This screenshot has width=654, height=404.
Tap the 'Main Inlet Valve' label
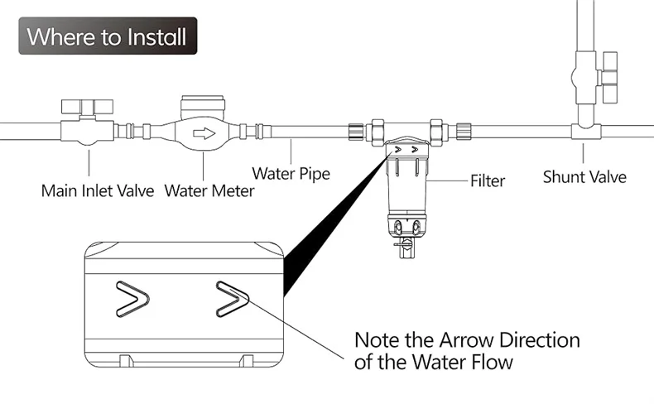point(98,191)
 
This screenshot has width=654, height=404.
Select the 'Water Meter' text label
point(209,191)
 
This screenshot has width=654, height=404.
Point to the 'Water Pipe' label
point(291,174)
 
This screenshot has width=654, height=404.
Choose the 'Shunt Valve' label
point(584,176)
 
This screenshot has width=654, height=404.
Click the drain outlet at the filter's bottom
point(404,251)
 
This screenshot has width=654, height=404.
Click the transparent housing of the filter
point(406,187)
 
